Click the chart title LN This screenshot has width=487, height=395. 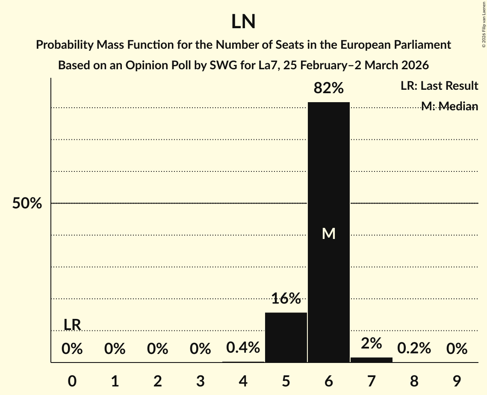click(243, 22)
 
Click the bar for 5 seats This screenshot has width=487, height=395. click(286, 337)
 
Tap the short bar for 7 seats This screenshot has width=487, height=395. click(372, 360)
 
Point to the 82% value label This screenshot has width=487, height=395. click(329, 88)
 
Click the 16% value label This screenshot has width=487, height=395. click(286, 298)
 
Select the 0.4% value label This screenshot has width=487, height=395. click(243, 348)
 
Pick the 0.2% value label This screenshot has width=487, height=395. click(414, 349)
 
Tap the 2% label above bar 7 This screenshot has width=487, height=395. click(372, 343)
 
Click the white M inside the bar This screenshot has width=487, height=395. click(329, 233)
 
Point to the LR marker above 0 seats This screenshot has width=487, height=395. click(72, 325)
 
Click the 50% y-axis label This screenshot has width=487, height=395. click(27, 203)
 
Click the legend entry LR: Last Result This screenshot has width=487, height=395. click(439, 86)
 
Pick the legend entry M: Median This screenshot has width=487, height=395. click(449, 106)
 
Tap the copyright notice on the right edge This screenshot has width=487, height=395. click(484, 24)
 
